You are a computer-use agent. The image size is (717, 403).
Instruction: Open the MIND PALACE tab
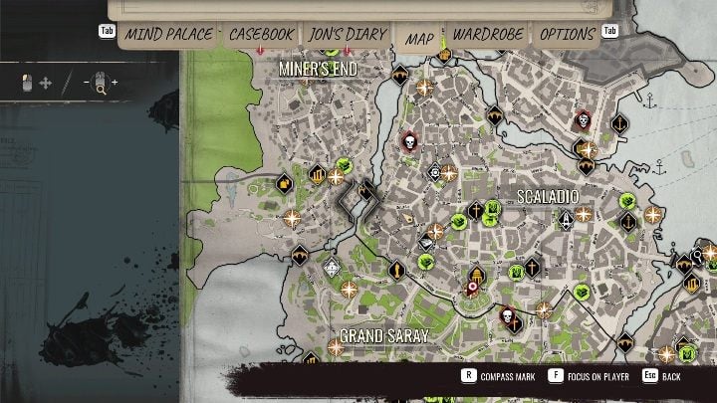168,35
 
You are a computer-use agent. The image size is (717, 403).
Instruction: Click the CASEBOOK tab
261,35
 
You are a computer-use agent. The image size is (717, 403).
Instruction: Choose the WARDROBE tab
488,35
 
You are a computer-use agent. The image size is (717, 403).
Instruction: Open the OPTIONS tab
567,35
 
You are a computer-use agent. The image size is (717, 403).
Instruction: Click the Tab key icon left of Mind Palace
107,31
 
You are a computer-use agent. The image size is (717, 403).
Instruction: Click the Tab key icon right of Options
610,31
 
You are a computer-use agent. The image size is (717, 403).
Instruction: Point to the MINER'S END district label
318,69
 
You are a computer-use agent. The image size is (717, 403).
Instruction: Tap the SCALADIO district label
547,197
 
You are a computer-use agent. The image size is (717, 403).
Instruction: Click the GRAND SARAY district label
383,336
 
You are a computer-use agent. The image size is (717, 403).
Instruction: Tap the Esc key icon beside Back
649,377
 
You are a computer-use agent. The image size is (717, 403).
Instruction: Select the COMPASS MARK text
505,378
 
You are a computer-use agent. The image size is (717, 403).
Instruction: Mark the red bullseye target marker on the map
474,289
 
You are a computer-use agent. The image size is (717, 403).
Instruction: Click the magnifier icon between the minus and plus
100,83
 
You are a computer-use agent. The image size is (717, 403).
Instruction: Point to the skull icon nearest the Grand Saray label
508,317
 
